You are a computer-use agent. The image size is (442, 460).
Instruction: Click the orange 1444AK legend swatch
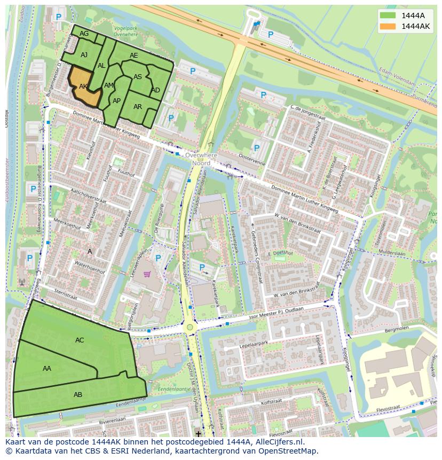[388, 26]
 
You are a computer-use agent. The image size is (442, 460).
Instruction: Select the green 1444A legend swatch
[388, 15]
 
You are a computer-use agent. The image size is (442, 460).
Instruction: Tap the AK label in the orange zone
[83, 86]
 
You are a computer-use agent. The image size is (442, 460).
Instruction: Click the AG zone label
[84, 34]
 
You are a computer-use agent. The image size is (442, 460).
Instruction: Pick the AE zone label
[133, 56]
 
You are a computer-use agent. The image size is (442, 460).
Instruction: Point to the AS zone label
[138, 77]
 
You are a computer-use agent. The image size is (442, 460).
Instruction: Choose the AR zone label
[138, 107]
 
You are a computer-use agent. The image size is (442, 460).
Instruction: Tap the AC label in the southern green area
[80, 340]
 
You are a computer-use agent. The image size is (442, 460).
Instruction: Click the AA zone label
[47, 368]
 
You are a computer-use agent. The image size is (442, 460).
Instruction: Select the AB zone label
[78, 395]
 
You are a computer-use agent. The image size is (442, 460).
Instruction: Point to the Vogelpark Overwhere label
[125, 30]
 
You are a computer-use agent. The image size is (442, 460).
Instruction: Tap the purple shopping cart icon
[147, 275]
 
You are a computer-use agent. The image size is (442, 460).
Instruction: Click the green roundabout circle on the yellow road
[190, 327]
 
